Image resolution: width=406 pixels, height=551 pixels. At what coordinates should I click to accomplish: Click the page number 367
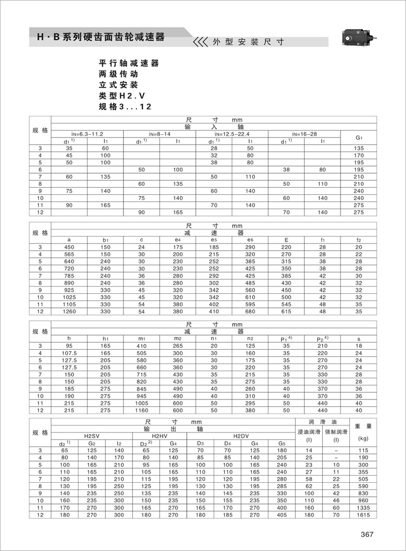click(368, 535)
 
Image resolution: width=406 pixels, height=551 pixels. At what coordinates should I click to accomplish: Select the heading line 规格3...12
click(125, 107)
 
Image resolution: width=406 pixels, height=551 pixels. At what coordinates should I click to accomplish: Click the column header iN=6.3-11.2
click(87, 134)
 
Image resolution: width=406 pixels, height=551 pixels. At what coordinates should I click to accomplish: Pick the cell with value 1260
click(69, 311)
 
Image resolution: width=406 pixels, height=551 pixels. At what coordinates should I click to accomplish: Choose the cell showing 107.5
click(69, 353)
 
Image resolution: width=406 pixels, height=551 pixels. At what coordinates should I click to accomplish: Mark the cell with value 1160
click(141, 410)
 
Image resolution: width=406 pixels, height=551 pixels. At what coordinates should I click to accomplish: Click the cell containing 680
click(250, 311)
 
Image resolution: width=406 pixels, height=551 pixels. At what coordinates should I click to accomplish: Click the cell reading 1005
click(141, 403)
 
